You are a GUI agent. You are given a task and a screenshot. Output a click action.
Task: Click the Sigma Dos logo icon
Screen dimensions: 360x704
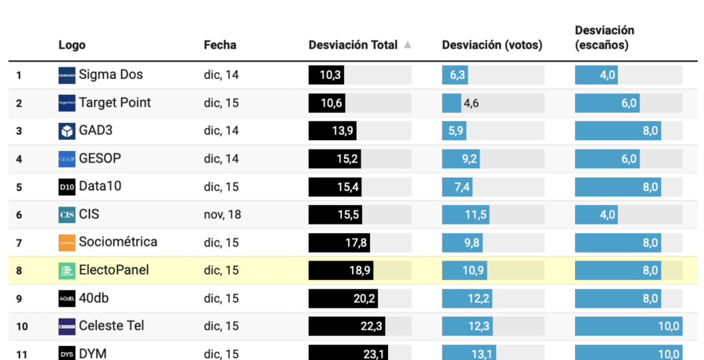click(x=67, y=75)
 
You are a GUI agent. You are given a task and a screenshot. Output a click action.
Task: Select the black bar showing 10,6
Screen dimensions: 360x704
click(x=327, y=103)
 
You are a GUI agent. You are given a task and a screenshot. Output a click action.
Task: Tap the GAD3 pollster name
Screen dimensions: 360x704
click(x=95, y=131)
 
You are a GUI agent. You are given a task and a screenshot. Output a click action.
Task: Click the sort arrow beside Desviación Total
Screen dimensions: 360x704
click(x=408, y=45)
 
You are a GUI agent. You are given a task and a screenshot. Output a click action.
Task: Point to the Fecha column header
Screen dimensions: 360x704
click(x=220, y=45)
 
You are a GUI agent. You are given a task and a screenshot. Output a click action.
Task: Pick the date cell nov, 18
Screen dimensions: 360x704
click(x=222, y=214)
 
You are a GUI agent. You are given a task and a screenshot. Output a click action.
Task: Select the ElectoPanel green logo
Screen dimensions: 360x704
click(x=67, y=271)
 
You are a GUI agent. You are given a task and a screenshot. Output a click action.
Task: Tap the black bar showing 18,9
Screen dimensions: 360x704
click(x=341, y=271)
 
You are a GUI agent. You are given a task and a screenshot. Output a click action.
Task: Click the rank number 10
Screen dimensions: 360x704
click(x=22, y=326)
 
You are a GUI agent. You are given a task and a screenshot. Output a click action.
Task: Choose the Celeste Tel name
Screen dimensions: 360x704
click(x=111, y=326)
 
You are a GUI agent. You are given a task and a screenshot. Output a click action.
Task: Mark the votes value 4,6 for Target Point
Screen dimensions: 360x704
click(x=471, y=103)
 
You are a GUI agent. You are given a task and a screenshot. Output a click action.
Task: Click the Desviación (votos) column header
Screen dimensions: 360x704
click(x=492, y=45)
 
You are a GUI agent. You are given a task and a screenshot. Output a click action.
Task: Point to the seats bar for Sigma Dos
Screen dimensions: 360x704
click(x=598, y=75)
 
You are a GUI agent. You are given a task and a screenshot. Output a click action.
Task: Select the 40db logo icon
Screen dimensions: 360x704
click(x=67, y=298)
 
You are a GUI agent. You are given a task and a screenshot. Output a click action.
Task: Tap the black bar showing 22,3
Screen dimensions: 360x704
click(x=348, y=326)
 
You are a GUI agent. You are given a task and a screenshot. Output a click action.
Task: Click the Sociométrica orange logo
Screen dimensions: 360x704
click(x=67, y=243)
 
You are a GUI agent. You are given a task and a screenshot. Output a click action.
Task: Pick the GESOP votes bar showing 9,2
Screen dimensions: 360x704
click(x=462, y=159)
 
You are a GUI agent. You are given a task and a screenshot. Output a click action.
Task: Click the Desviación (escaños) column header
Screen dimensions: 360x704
click(x=605, y=38)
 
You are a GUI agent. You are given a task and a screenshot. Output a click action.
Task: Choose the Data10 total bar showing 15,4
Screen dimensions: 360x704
click(x=336, y=187)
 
